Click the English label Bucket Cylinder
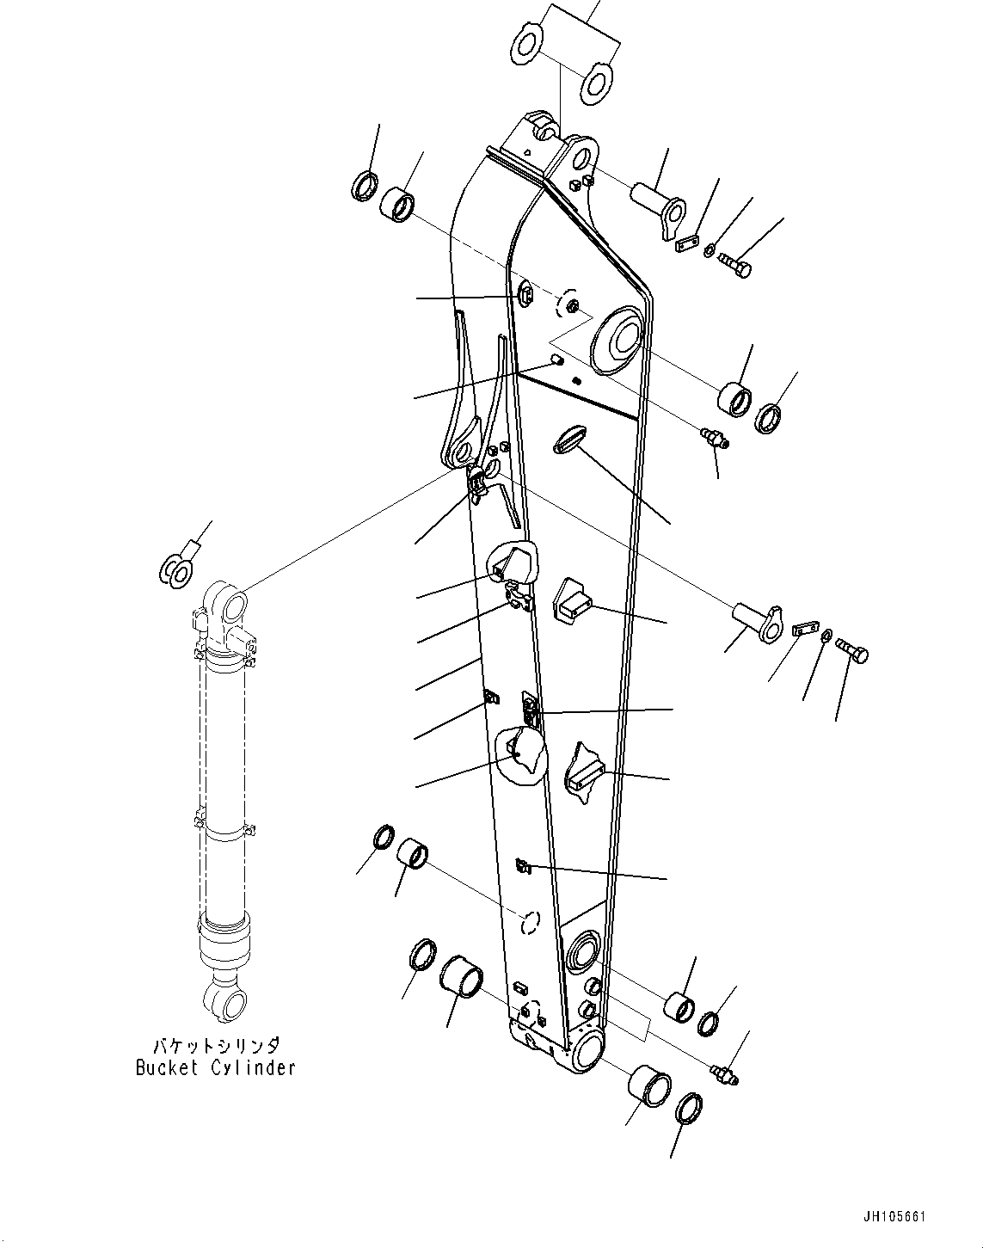[215, 1067]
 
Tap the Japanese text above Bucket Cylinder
[215, 1047]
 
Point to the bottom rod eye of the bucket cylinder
[225, 1001]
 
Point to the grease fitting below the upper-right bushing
[714, 438]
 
